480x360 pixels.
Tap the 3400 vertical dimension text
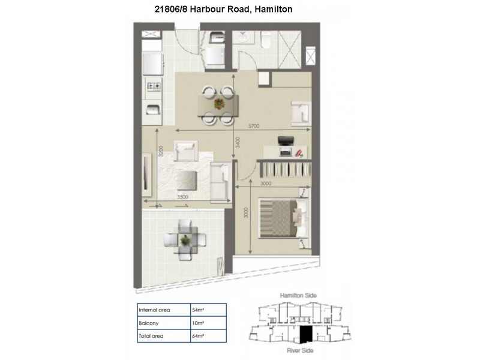click(238, 142)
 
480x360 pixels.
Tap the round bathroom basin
click(244, 38)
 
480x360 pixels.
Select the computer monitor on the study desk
click(286, 142)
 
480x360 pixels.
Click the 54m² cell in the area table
click(198, 310)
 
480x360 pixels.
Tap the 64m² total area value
click(198, 335)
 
